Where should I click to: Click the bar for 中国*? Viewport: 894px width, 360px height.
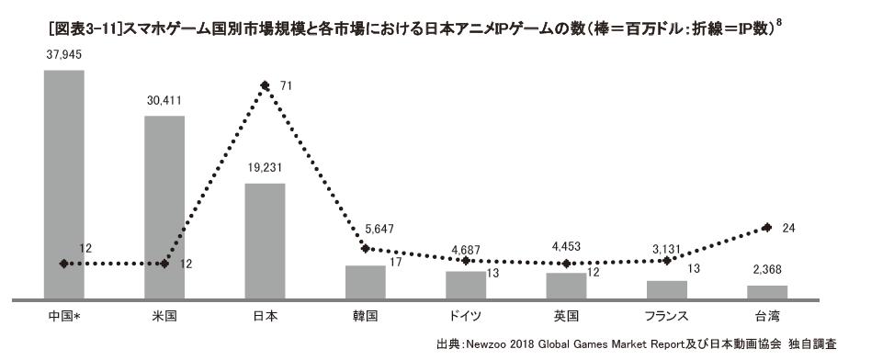pos(63,184)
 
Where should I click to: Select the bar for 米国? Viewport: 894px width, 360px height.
pos(164,207)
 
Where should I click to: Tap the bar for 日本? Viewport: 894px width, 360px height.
pos(265,241)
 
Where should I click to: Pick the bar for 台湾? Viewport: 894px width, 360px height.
pos(767,292)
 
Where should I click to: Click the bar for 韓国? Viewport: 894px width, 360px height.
pos(365,281)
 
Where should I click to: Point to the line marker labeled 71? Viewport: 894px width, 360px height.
pos(265,86)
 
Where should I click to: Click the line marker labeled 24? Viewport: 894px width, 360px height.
pos(767,227)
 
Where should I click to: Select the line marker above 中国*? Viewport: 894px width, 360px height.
pos(63,264)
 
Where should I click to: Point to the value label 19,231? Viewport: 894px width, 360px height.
pos(265,171)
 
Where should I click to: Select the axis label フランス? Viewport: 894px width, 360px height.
pos(666,316)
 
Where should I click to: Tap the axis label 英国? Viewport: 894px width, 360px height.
pos(566,316)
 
